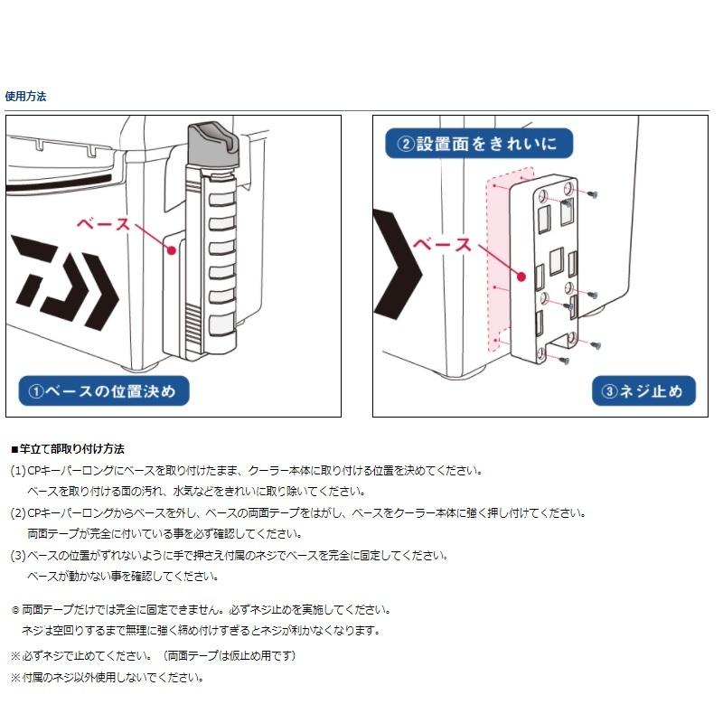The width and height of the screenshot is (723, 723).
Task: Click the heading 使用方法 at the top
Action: click(x=25, y=95)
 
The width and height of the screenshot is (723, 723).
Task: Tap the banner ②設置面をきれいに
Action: click(x=479, y=144)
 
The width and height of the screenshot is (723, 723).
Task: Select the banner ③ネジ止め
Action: click(x=643, y=391)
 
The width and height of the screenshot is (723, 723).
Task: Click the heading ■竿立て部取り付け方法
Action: click(x=67, y=448)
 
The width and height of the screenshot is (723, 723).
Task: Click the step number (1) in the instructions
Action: click(x=18, y=471)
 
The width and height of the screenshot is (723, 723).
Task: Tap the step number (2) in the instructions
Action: click(x=18, y=512)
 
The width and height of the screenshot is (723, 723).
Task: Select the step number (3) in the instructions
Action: click(x=18, y=555)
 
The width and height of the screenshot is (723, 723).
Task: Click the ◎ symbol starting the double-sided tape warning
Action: click(x=14, y=610)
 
